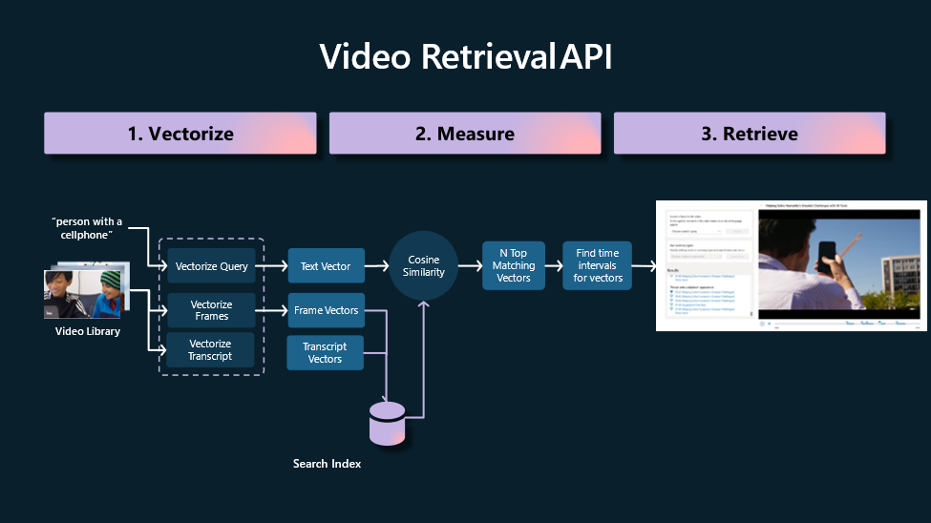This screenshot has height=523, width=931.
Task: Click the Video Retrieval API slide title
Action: (465, 57)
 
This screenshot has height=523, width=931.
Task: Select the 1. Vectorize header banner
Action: (180, 134)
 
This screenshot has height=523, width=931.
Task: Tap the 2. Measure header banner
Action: (465, 134)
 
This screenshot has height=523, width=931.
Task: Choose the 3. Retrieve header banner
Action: (750, 134)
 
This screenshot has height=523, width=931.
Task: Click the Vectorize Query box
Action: (211, 266)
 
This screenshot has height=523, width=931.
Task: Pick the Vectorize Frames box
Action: (211, 310)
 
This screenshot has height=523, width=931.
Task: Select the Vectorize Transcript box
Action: (211, 350)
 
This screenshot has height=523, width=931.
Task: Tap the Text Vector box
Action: (326, 266)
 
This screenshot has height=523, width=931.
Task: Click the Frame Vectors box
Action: (326, 310)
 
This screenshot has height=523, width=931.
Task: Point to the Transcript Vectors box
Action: (326, 352)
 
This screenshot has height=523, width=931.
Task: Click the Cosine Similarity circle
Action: (424, 265)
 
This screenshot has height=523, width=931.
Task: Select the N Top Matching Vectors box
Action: (514, 265)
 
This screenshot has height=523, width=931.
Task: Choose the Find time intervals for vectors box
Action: (598, 265)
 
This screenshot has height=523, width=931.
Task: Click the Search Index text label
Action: (327, 464)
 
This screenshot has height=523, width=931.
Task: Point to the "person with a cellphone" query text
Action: (87, 228)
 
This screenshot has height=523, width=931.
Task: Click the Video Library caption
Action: (87, 331)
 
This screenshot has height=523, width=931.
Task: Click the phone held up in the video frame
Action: (826, 257)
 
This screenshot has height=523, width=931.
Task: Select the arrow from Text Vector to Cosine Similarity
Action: (376, 266)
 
